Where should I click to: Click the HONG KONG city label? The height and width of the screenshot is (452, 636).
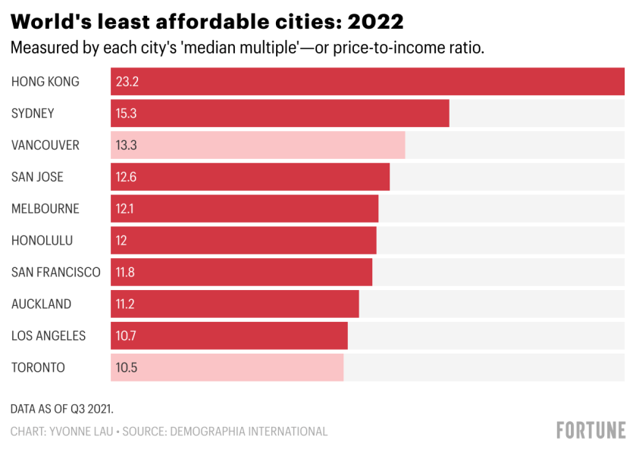click(45, 82)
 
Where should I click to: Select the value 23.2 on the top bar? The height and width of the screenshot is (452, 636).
click(127, 82)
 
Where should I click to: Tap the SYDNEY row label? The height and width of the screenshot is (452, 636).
click(33, 114)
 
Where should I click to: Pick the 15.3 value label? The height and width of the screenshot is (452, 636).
click(127, 114)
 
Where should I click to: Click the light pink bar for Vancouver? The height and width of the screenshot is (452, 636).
click(258, 145)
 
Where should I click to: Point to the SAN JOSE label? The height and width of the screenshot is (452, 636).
click(37, 177)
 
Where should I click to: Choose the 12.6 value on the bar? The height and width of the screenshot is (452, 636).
click(127, 177)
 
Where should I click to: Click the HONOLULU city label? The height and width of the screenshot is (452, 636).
click(42, 241)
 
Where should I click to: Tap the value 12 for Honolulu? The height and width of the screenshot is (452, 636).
click(121, 241)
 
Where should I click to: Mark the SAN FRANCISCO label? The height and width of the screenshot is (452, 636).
click(55, 273)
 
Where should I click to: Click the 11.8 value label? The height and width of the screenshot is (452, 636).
click(126, 273)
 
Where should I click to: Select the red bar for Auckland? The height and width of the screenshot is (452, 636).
click(235, 304)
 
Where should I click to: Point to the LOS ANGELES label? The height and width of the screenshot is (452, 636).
click(49, 336)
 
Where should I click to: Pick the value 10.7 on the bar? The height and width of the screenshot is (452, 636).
click(126, 336)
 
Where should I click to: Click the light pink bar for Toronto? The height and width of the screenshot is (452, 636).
click(227, 368)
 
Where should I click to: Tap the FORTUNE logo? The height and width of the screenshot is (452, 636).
click(591, 431)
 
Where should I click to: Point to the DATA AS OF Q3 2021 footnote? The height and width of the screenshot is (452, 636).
click(62, 409)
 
